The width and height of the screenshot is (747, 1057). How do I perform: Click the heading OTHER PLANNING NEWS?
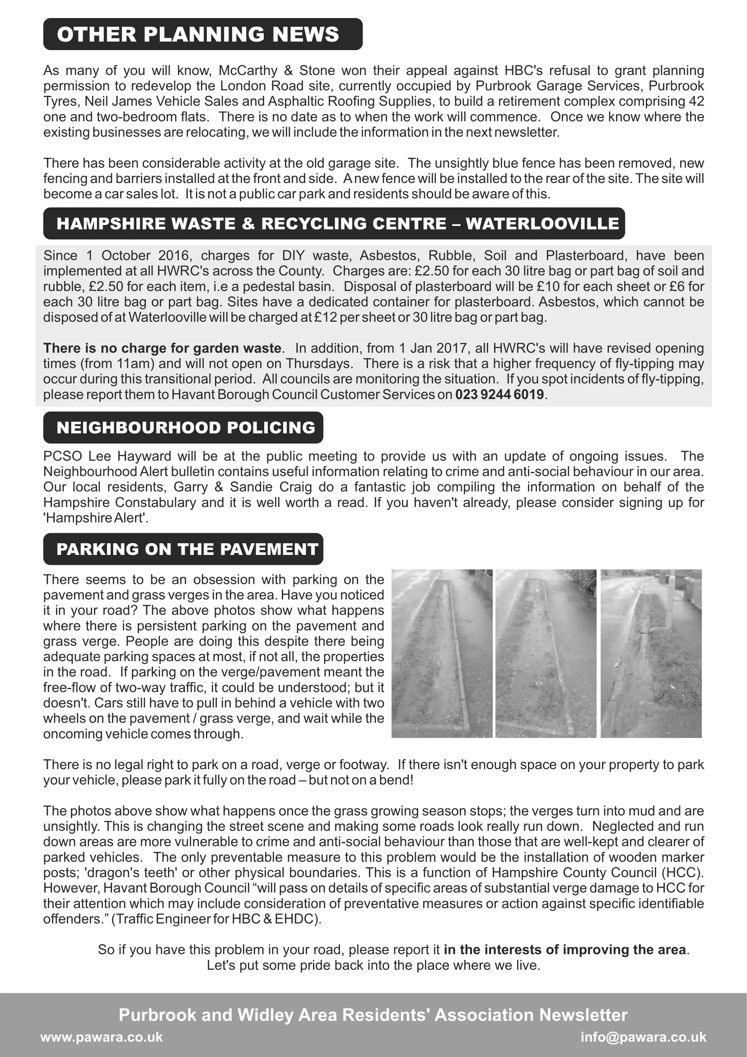click(198, 34)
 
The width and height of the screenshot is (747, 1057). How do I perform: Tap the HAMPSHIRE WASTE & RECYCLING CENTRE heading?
click(337, 224)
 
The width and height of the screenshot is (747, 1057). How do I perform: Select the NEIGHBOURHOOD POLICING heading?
click(185, 427)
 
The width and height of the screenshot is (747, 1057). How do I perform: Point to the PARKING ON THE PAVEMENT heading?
click(187, 549)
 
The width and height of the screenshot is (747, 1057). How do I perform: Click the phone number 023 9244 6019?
click(500, 395)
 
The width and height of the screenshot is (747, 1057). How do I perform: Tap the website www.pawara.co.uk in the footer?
click(102, 1037)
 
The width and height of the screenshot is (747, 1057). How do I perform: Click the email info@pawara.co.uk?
click(643, 1037)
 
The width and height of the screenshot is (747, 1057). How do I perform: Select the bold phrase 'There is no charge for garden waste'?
click(163, 348)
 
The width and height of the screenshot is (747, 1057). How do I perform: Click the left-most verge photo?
click(442, 653)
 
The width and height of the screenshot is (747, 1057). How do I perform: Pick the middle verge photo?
click(546, 653)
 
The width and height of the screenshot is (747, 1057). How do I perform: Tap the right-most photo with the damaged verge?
click(651, 653)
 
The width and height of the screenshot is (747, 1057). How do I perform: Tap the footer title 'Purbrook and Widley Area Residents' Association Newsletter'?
click(373, 1015)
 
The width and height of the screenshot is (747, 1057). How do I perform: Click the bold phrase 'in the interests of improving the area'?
click(565, 950)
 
